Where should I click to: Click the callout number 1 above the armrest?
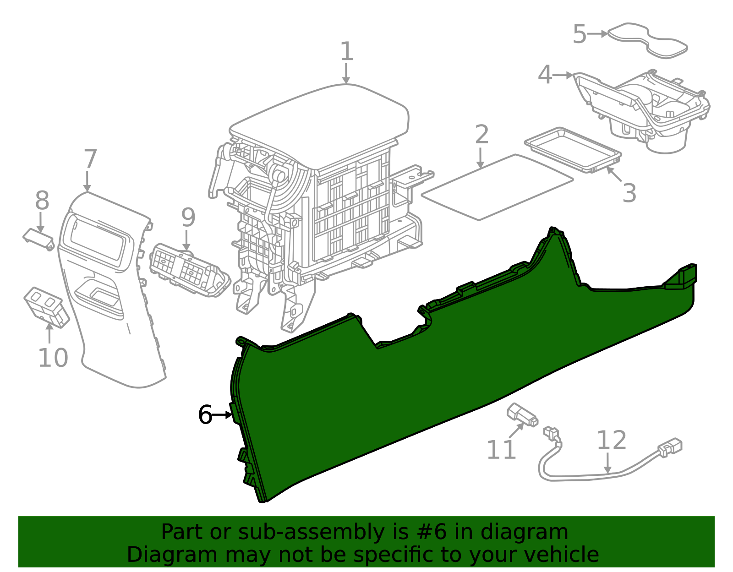tap(347, 52)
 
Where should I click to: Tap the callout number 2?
tap(481, 135)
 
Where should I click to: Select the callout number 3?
tap(629, 193)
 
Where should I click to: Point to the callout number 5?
tap(580, 34)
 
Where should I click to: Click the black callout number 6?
tap(205, 414)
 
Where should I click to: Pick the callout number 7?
tap(90, 159)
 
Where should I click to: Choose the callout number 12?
tap(612, 440)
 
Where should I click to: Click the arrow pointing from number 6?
tap(222, 415)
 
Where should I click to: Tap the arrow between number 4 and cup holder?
tap(563, 75)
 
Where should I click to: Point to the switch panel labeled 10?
tap(47, 307)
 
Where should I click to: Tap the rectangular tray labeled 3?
tap(573, 150)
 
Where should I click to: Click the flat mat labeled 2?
tap(498, 187)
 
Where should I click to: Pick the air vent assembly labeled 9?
tap(190, 270)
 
